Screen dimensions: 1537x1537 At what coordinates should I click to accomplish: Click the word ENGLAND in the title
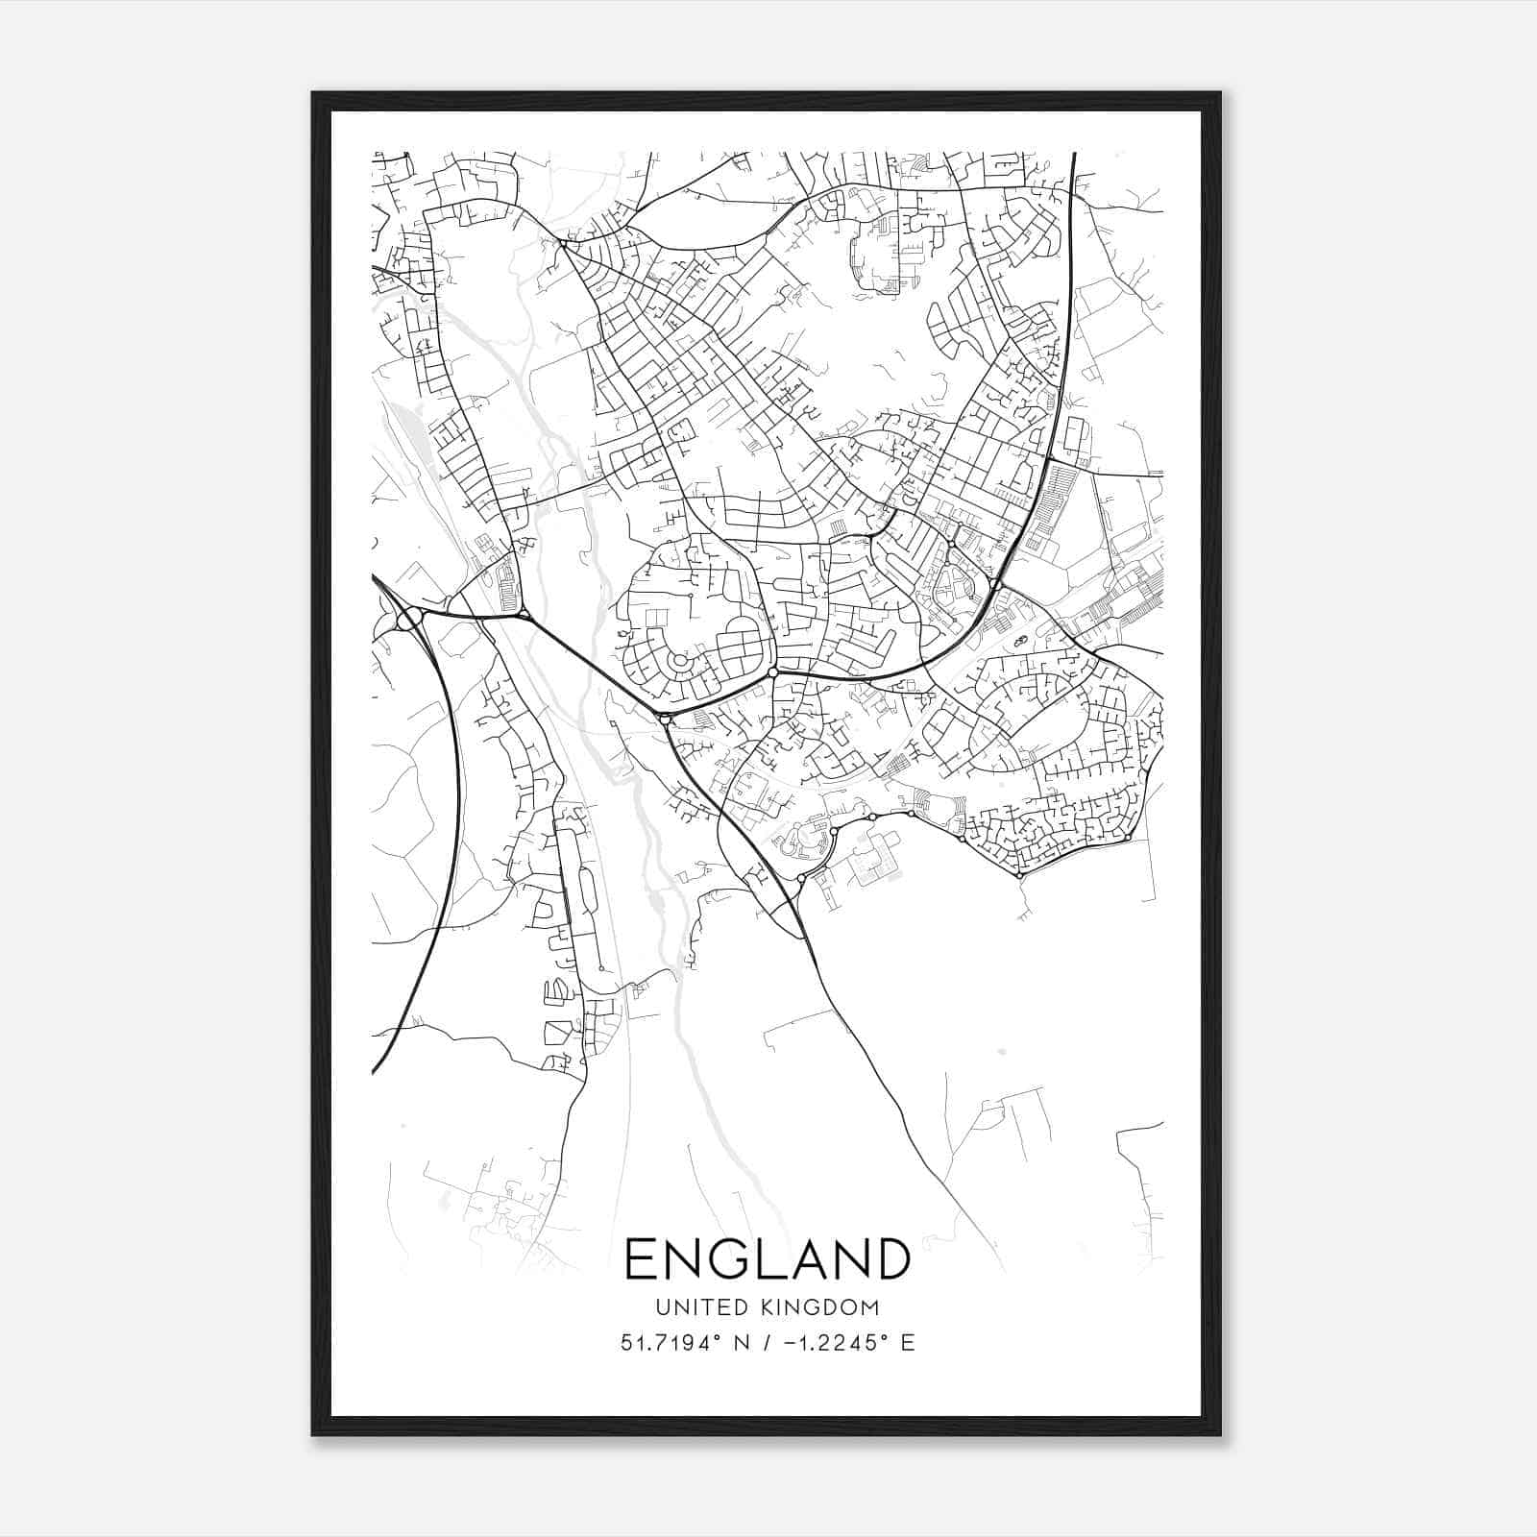pos(768,1259)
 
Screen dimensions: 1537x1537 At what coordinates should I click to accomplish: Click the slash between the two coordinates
pos(766,1343)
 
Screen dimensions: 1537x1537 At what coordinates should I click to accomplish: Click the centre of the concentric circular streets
pos(680,661)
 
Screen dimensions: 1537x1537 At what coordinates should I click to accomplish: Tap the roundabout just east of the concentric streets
pos(772,672)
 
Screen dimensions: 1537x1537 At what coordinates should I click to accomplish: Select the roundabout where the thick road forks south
pos(665,718)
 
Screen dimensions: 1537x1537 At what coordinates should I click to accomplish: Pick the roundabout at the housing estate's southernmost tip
pos(1019,875)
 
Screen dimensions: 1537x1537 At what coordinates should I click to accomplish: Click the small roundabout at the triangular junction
pos(525,612)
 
